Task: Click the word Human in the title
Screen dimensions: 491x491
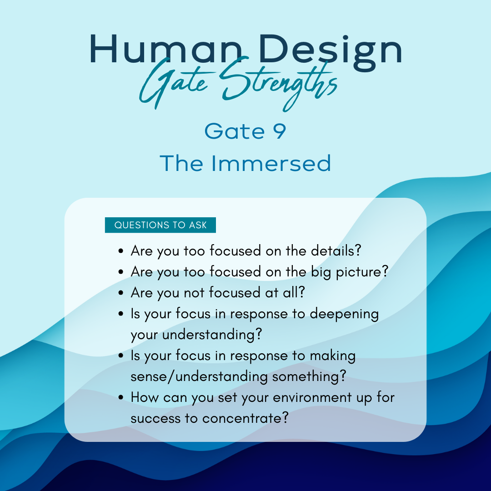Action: pyautogui.click(x=166, y=50)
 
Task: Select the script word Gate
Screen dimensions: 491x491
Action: pyautogui.click(x=174, y=83)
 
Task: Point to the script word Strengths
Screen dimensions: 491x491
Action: pyautogui.click(x=278, y=83)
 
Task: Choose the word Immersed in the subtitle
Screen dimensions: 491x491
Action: pyautogui.click(x=271, y=164)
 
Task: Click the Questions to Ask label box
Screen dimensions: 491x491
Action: pyautogui.click(x=160, y=225)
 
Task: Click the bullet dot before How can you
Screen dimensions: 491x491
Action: pyautogui.click(x=121, y=398)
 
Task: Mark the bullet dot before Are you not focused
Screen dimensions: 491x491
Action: pyautogui.click(x=121, y=293)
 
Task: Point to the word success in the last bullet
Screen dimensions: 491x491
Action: pyautogui.click(x=155, y=419)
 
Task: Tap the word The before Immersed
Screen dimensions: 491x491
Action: pyautogui.click(x=181, y=164)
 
